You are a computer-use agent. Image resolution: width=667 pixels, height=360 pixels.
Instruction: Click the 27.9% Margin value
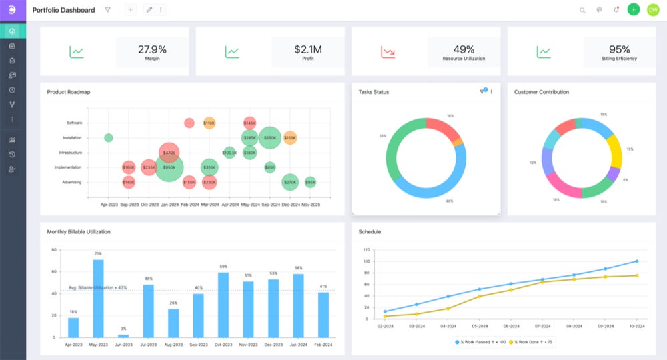pos(152,49)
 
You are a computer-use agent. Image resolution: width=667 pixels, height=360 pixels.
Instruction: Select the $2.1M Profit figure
pos(308,49)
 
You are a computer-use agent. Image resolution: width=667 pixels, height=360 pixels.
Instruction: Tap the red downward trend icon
pos(388,51)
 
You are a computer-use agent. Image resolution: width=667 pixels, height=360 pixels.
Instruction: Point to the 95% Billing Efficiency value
pos(620,49)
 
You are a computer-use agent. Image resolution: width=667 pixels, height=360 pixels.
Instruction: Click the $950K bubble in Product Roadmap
pos(169,167)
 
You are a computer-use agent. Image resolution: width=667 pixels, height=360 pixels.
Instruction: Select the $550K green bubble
pos(270,138)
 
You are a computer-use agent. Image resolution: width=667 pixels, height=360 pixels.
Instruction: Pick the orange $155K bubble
pos(290,138)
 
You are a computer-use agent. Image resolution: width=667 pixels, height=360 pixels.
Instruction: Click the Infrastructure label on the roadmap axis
pos(70,153)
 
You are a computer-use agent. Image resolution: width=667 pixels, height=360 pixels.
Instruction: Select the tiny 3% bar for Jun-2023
pos(123,336)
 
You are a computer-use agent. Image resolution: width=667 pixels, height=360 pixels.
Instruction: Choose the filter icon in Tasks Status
pos(482,92)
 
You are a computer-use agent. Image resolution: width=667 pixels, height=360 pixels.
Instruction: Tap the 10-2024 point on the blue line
pos(637,261)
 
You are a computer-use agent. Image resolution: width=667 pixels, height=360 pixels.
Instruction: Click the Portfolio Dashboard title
pos(63,10)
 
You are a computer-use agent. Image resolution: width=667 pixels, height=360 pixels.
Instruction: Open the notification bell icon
pos(616,10)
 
